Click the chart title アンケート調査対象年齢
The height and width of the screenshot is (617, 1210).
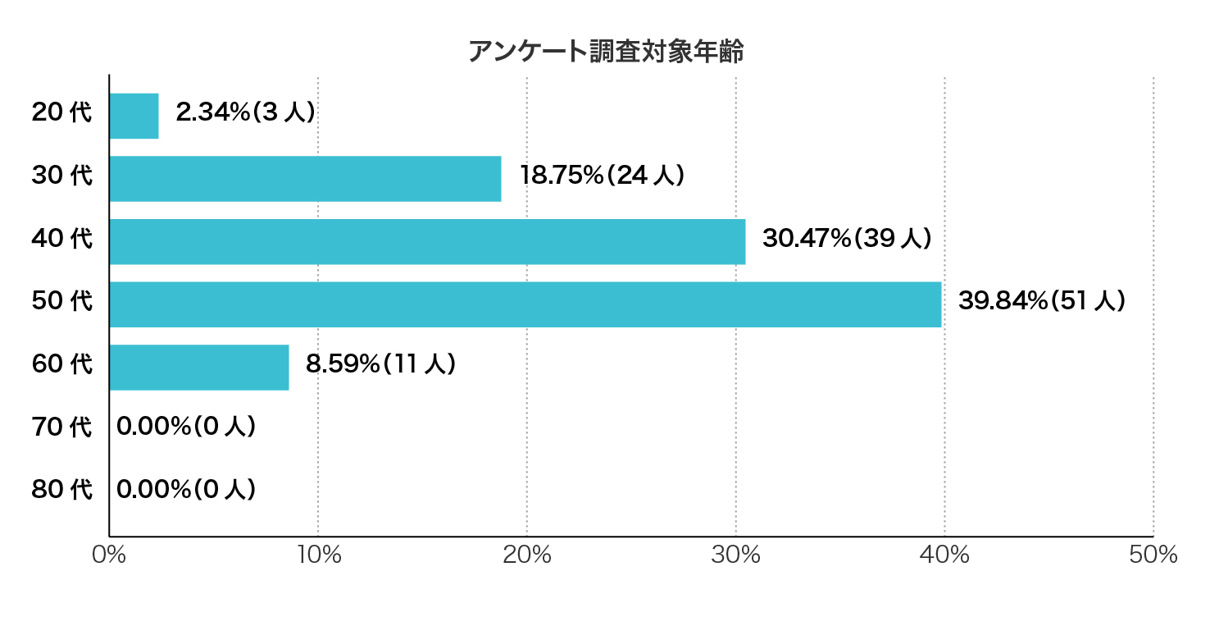[605, 52]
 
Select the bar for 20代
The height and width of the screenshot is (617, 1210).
[134, 116]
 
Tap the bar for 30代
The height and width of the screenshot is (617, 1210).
[305, 178]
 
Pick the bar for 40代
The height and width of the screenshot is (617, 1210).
[427, 241]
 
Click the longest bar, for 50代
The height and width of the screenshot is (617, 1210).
[525, 304]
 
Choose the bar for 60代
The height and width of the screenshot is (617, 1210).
[199, 367]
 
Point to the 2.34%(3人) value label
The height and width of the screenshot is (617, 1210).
[245, 113]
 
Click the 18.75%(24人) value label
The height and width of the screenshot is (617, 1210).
[602, 176]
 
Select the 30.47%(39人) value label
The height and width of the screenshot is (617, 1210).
[847, 239]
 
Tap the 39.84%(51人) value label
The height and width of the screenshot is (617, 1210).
[1041, 302]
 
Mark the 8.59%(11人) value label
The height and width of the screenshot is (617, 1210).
[380, 364]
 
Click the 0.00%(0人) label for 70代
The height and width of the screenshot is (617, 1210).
[186, 427]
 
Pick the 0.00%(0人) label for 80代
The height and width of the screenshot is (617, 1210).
[186, 490]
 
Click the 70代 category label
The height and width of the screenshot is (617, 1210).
[62, 427]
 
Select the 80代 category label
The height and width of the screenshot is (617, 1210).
[62, 491]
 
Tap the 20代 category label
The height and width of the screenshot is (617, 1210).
[62, 113]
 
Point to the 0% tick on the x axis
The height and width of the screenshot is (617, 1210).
[109, 555]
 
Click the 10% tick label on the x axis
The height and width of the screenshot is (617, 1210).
[318, 555]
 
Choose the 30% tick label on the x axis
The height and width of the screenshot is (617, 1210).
[736, 555]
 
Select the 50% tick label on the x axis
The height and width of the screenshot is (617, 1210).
[1153, 555]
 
